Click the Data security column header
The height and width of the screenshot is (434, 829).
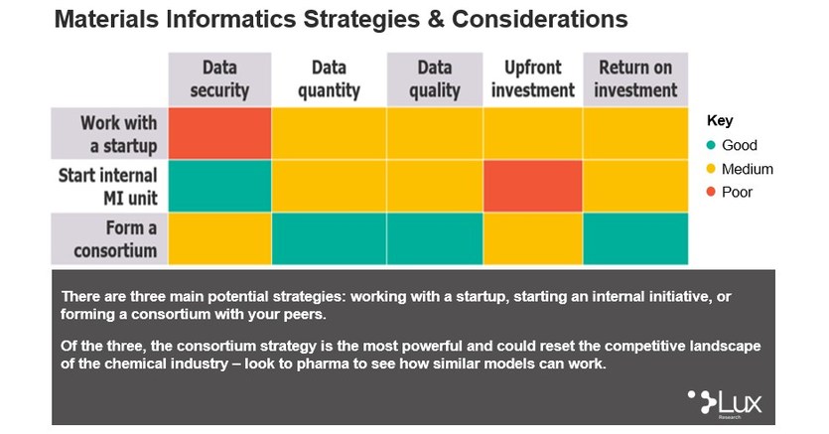[x=219, y=79]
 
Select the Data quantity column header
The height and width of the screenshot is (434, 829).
[x=328, y=79]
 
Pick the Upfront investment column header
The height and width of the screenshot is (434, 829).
[x=532, y=79]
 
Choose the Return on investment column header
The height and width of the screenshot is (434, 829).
[x=635, y=79]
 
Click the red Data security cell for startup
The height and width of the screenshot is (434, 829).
[x=219, y=133]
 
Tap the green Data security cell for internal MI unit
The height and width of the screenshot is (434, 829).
[x=219, y=186]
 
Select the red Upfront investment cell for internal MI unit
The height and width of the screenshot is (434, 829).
[x=532, y=186]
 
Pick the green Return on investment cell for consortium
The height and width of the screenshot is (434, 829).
[x=635, y=238]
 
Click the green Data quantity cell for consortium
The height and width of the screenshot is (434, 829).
[x=328, y=238]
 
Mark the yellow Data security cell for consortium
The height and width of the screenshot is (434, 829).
[x=219, y=238]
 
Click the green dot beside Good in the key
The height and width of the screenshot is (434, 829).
[x=711, y=145]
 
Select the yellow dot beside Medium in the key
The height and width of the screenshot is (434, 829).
[x=711, y=169]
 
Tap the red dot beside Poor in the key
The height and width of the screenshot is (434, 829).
[x=711, y=192]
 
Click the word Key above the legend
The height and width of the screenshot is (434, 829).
[x=719, y=120]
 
